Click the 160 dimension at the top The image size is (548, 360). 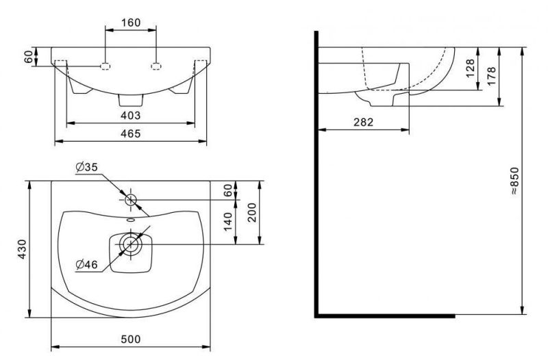pos(131,23)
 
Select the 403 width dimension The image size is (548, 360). pos(131,115)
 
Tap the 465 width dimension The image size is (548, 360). pos(131,133)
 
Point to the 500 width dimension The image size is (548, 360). pos(131,339)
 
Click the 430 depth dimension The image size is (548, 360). pos(22,249)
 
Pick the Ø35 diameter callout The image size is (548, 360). pos(87,167)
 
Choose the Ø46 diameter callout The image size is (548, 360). pos(87,265)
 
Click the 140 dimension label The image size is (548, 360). pos(227,221)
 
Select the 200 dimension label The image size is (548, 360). pos(251,212)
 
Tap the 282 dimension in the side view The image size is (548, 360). pos(364,123)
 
